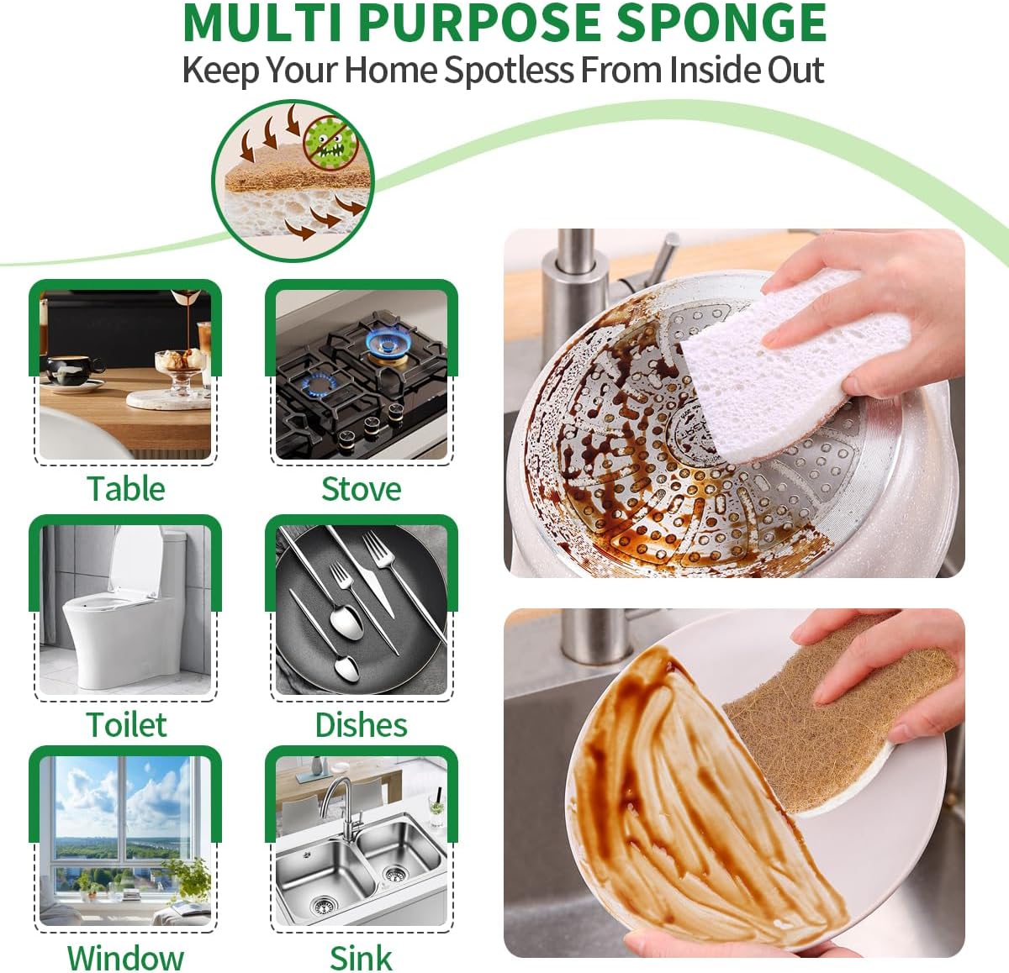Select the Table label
pyautogui.click(x=126, y=489)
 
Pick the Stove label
pyautogui.click(x=362, y=489)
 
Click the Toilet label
pyautogui.click(x=126, y=724)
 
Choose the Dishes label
pyautogui.click(x=362, y=724)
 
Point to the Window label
pyautogui.click(x=126, y=958)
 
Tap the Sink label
pyautogui.click(x=362, y=958)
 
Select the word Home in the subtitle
pyautogui.click(x=391, y=70)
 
